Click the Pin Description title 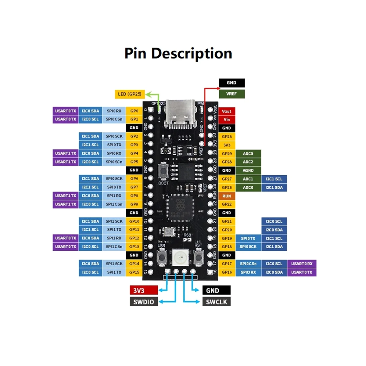tap(178, 53)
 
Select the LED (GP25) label tap(129, 94)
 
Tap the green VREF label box tap(231, 94)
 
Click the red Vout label tap(227, 111)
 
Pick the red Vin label tap(227, 120)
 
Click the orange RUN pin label tap(227, 196)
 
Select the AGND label tap(248, 170)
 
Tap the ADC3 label tap(248, 154)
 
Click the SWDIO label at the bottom tap(144, 302)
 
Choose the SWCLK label tap(216, 302)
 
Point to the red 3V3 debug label tap(144, 290)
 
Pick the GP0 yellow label tap(134, 111)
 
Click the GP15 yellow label tap(134, 272)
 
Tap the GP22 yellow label tap(227, 204)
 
